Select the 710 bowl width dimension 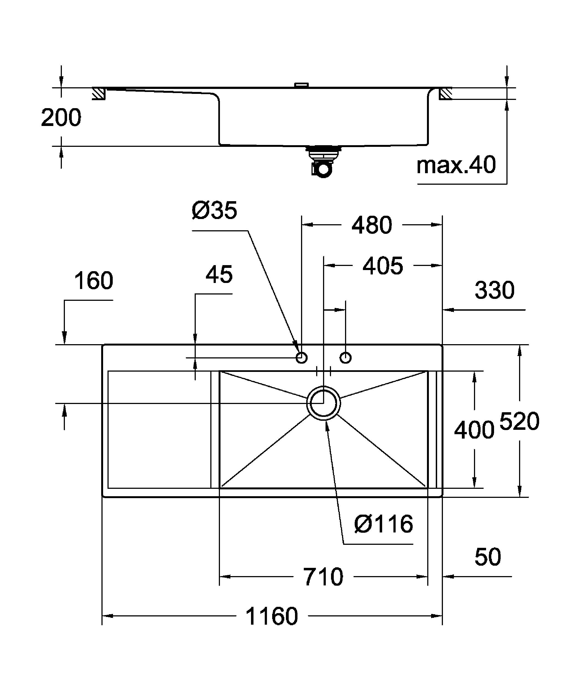323,577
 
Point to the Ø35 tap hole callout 214,211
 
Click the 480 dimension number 372,225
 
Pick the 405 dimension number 383,266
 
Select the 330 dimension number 494,290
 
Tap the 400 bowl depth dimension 474,430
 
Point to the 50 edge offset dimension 488,557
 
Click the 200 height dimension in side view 61,118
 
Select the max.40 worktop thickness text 456,165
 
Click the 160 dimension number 93,281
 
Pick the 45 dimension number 219,274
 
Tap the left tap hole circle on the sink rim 301,357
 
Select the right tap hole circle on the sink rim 346,357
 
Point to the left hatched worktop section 98,94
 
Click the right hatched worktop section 445,94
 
